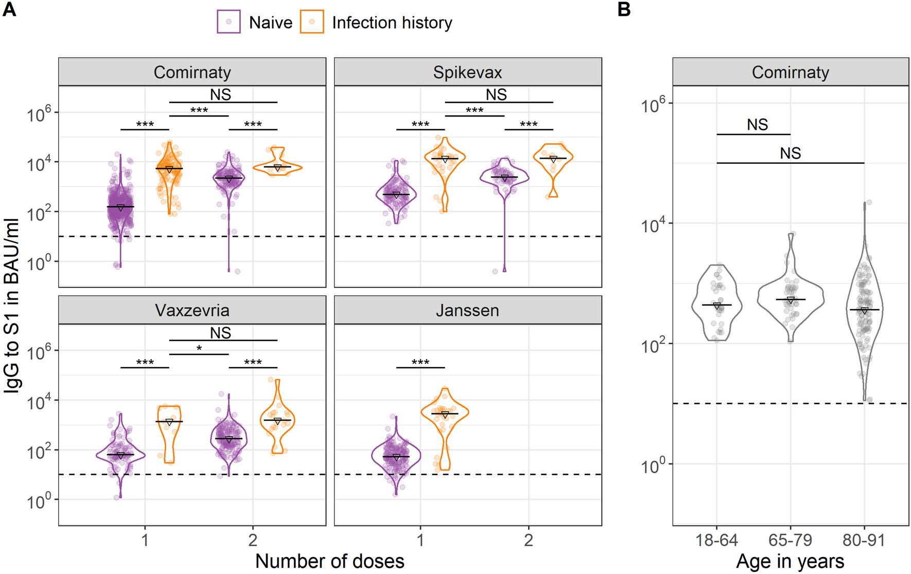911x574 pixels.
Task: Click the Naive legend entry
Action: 255,23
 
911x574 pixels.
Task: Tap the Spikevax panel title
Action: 467,72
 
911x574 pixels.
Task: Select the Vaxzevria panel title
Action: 192,310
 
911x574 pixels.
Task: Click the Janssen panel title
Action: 467,310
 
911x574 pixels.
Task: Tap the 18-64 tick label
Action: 716,540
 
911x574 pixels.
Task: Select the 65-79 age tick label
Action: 790,540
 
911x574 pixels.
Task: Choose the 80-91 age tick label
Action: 864,540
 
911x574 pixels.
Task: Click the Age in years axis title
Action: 790,561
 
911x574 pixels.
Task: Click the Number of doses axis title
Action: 329,561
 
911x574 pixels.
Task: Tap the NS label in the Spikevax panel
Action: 496,95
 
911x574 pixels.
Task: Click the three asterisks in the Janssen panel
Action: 421,363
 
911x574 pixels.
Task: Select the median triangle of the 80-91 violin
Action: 864,311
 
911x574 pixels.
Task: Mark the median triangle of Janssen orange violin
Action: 445,415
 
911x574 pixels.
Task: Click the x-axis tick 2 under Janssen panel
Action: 529,540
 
